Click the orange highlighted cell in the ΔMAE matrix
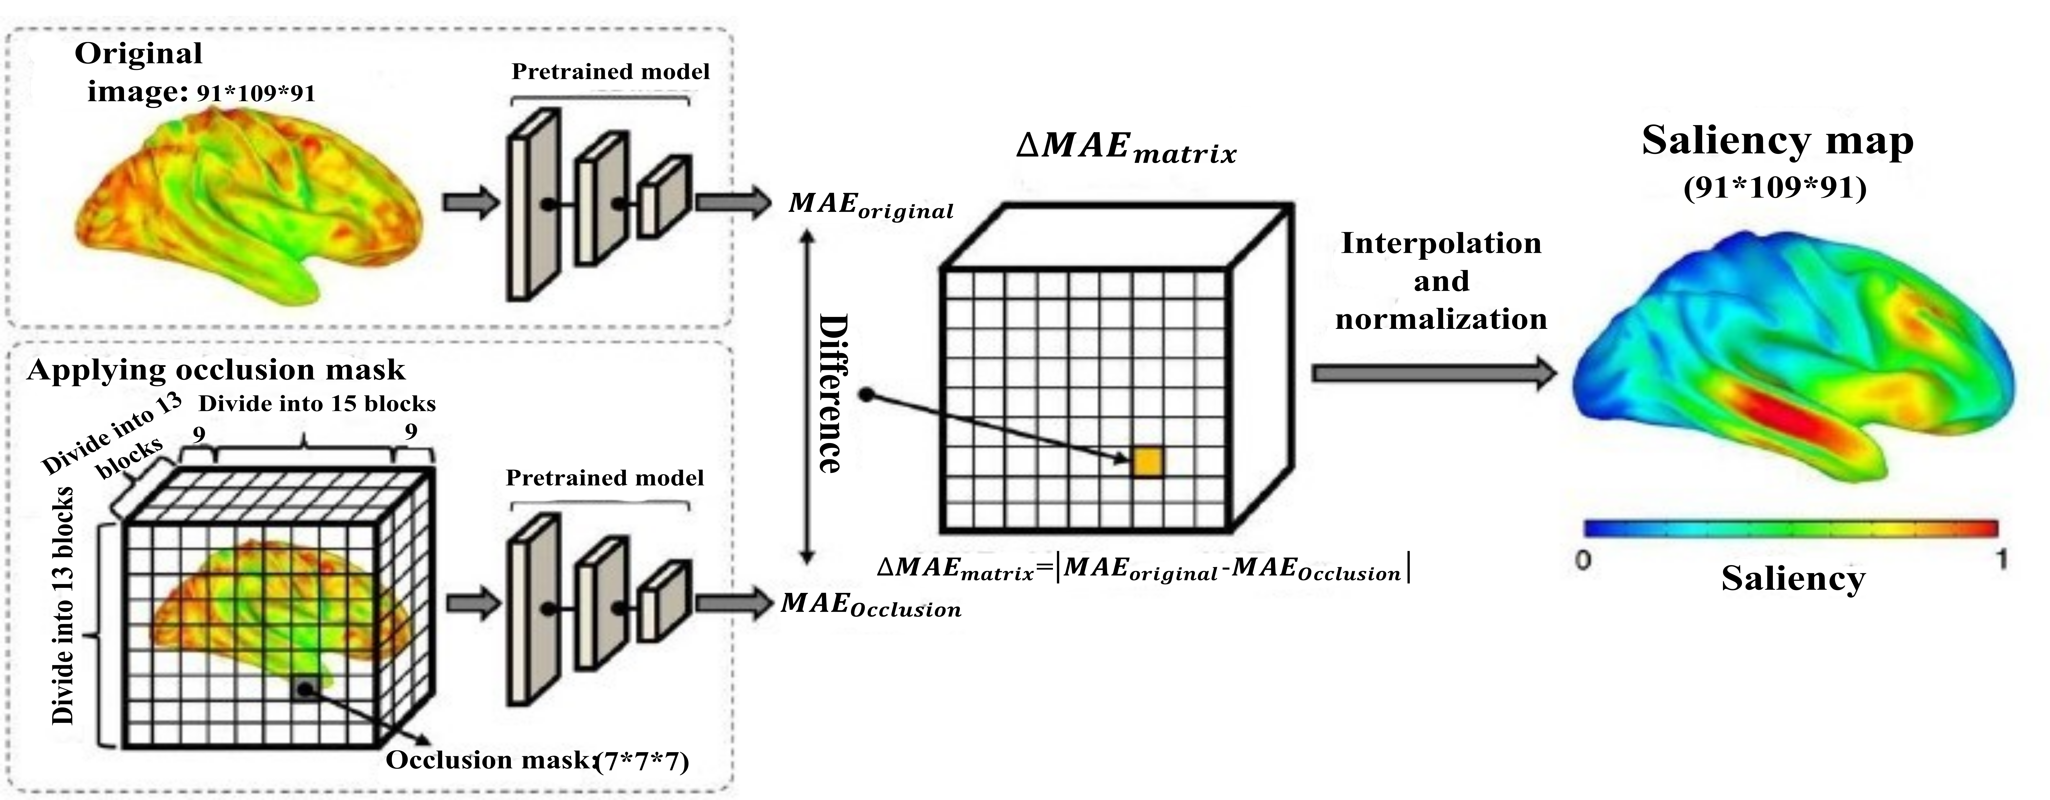(x=1148, y=463)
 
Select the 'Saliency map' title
(x=1777, y=142)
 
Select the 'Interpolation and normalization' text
(x=1441, y=281)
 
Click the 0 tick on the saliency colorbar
(x=1584, y=561)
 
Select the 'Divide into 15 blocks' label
(x=317, y=404)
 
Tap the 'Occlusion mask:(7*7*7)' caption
(x=537, y=760)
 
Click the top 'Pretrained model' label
(x=610, y=72)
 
